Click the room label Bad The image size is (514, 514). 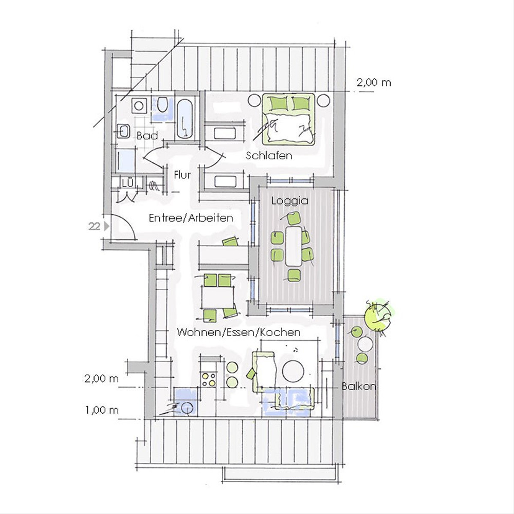click(147, 136)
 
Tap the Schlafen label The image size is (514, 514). click(269, 155)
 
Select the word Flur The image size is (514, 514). click(182, 175)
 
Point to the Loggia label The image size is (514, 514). click(290, 200)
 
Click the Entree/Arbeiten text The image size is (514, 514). click(191, 218)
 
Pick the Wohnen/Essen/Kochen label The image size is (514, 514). click(239, 332)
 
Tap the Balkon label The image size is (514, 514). click(359, 386)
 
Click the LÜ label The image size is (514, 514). click(128, 183)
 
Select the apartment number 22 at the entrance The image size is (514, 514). click(94, 227)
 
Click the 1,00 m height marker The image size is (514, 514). click(102, 410)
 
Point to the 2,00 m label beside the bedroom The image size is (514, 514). click(374, 83)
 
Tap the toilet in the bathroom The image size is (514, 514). click(162, 105)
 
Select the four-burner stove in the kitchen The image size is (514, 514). click(209, 379)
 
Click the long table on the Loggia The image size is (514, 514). click(293, 246)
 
